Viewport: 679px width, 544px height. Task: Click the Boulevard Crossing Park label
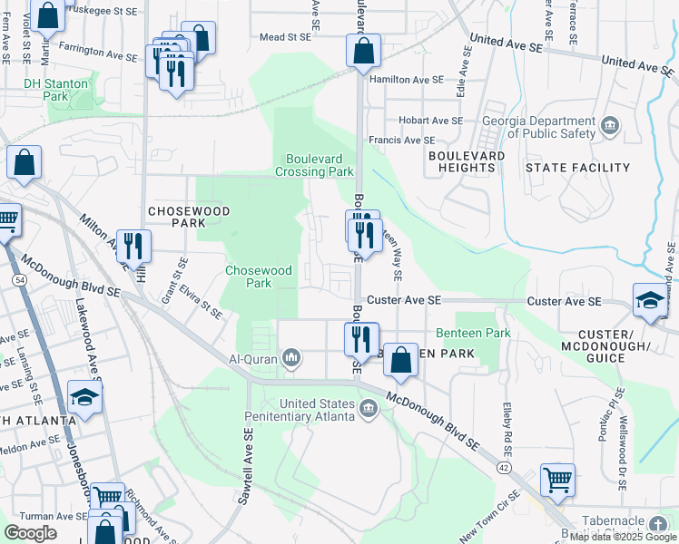point(315,164)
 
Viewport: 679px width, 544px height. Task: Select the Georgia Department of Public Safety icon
point(609,123)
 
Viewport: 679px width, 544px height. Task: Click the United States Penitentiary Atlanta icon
point(369,410)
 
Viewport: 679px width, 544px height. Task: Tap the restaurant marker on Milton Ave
point(134,247)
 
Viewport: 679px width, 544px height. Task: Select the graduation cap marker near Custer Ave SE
point(651,302)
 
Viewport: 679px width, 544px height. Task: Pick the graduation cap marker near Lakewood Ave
point(85,398)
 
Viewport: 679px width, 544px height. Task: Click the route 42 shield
point(504,466)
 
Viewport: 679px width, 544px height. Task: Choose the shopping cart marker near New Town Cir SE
point(557,480)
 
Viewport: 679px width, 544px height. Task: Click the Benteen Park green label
point(473,334)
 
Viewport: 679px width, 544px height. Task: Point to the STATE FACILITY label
point(577,168)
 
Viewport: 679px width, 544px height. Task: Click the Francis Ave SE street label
point(401,141)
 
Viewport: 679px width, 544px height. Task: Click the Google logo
point(31,533)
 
